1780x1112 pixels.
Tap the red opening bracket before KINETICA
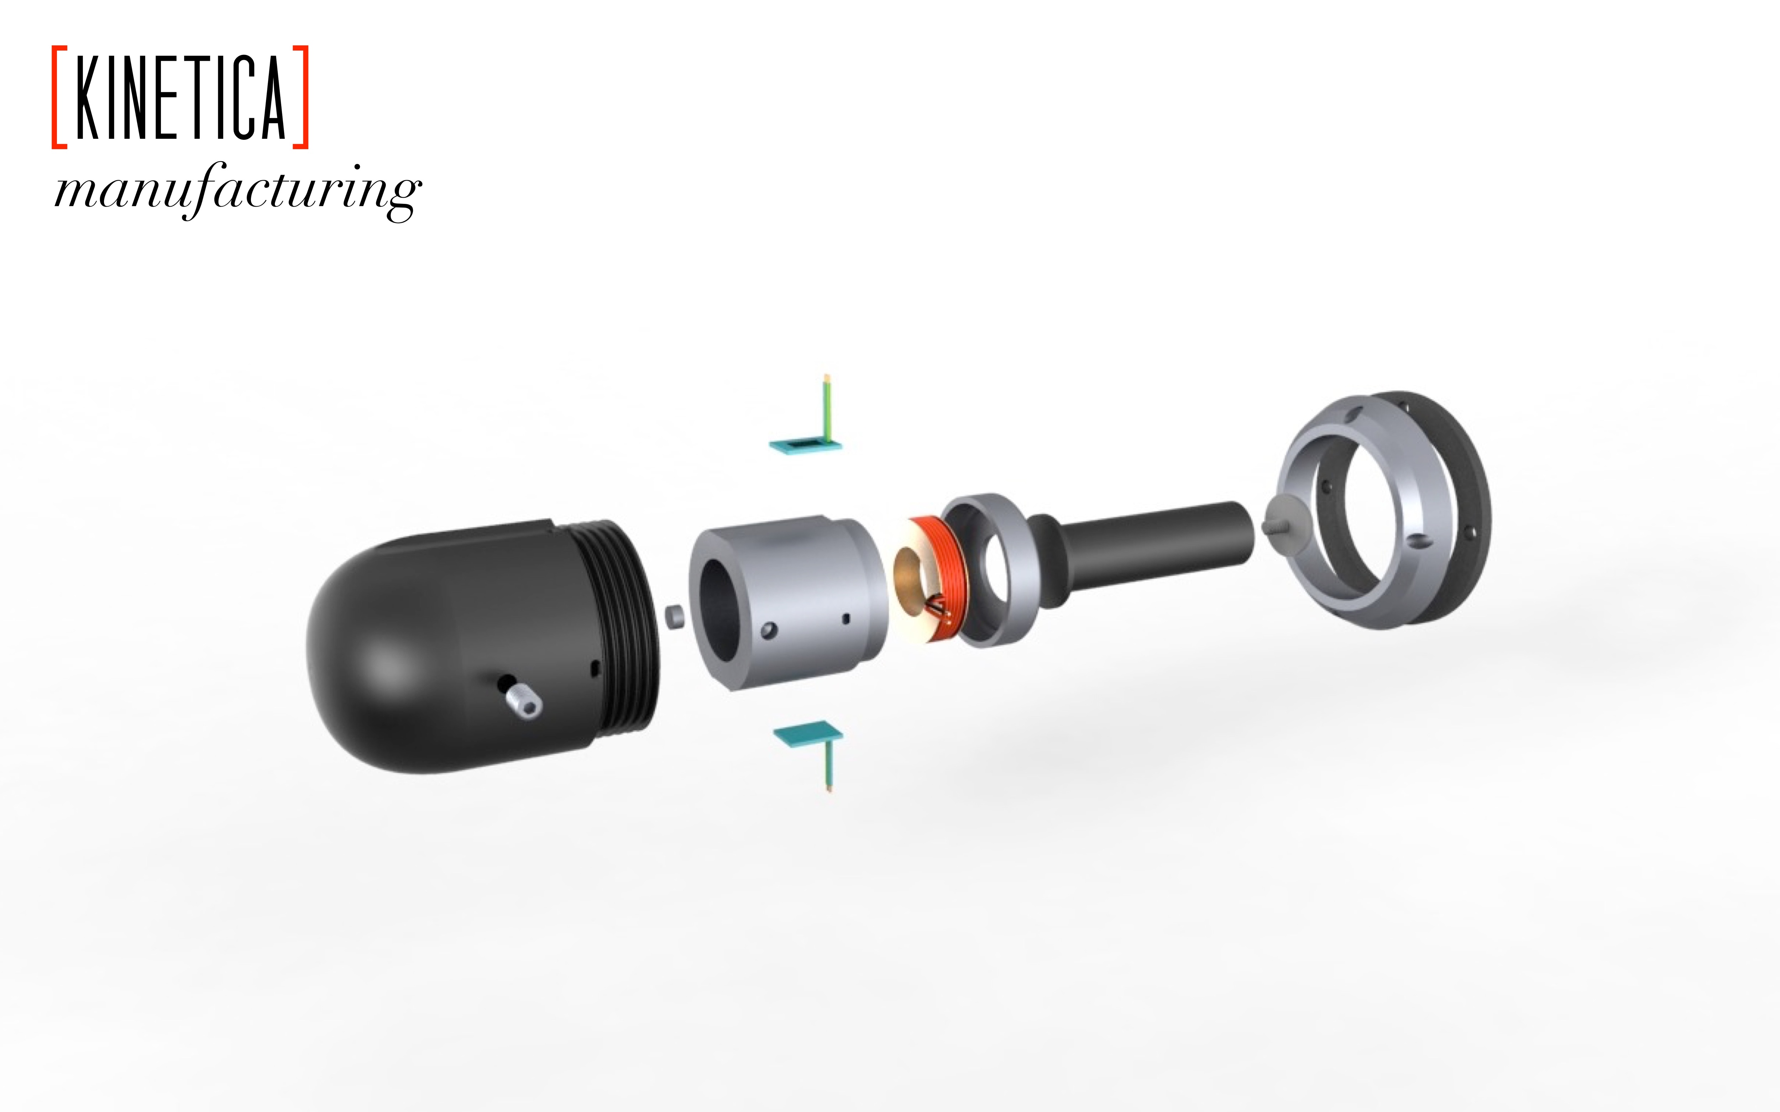point(59,97)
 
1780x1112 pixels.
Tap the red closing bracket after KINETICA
point(301,97)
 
